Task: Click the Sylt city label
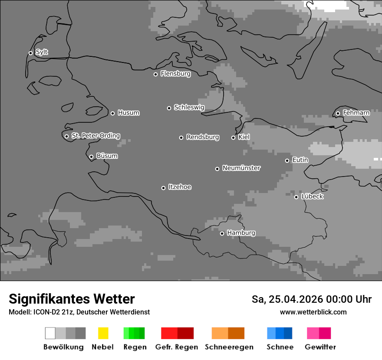click(x=42, y=52)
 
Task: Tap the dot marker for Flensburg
click(x=155, y=74)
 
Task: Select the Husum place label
click(x=128, y=113)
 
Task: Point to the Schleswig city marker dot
click(x=169, y=108)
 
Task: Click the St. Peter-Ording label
click(x=95, y=136)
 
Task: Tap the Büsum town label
click(x=107, y=156)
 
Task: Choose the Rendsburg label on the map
click(x=203, y=137)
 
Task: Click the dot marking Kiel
click(x=233, y=137)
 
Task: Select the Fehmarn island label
click(x=356, y=113)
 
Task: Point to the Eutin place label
click(x=300, y=160)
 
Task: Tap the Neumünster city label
click(x=241, y=168)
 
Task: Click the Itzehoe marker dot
click(x=163, y=188)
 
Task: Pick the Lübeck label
click(x=312, y=196)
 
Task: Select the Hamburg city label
click(x=241, y=233)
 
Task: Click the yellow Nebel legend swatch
click(x=103, y=333)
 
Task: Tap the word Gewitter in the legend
click(x=320, y=347)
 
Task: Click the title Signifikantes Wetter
click(x=72, y=299)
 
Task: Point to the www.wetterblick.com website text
click(x=313, y=312)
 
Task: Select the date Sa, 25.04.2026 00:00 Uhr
click(x=311, y=299)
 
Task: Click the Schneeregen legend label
click(x=229, y=347)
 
